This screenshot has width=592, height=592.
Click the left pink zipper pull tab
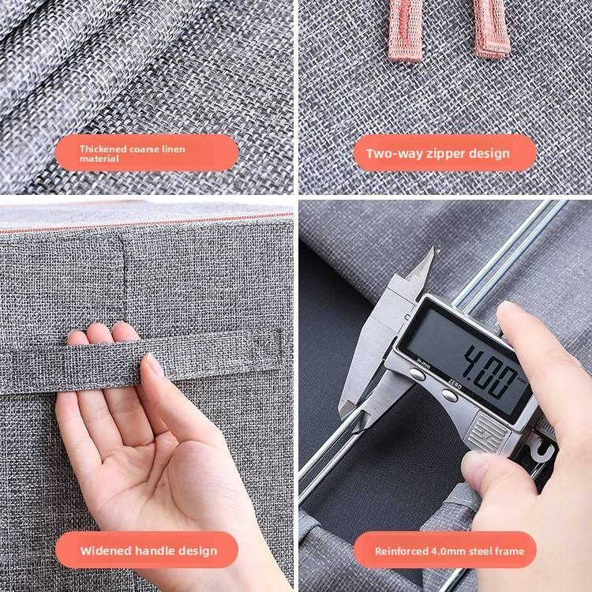[405, 30]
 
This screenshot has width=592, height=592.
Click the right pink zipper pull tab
[492, 28]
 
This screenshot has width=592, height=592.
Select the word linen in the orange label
[174, 148]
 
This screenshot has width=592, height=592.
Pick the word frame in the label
[511, 551]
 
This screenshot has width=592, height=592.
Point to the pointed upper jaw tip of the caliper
[437, 249]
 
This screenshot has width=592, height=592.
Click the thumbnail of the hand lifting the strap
[155, 365]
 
